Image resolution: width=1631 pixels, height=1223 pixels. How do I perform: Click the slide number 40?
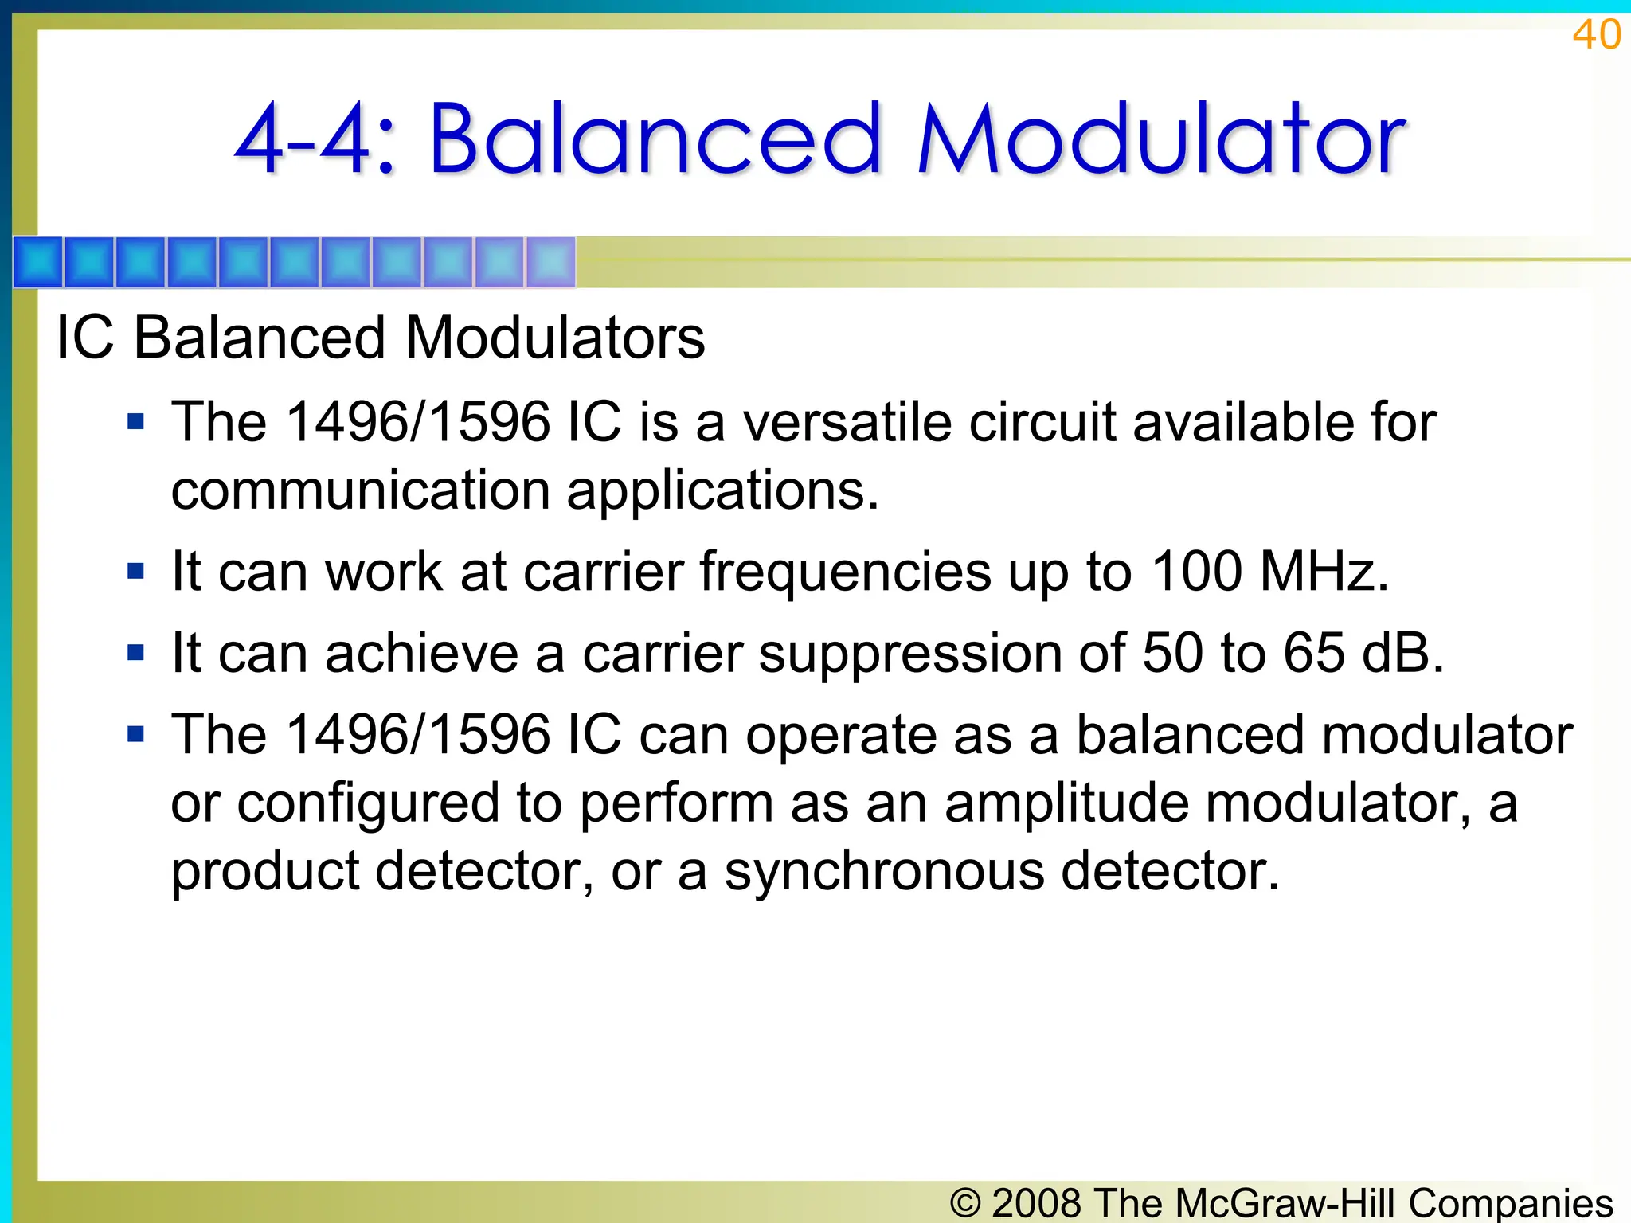click(1596, 35)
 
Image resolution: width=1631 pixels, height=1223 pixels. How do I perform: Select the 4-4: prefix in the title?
click(315, 141)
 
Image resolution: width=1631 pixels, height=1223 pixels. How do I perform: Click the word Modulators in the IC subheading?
click(555, 338)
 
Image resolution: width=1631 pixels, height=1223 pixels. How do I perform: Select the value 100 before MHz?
click(1196, 571)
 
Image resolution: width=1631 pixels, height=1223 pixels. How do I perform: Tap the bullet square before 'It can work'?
click(136, 571)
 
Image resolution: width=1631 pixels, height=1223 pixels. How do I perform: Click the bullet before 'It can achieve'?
click(136, 653)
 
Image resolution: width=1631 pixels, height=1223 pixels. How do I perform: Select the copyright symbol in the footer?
click(965, 1202)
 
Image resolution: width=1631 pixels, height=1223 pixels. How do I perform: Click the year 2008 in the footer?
click(1037, 1202)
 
